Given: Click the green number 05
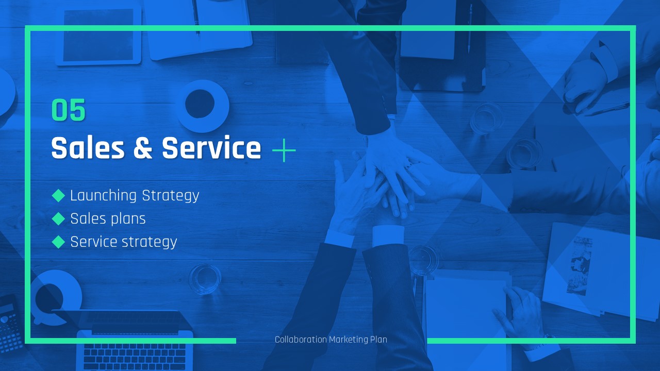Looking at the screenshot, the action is [69, 110].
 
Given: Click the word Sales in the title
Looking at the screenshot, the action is [88, 148].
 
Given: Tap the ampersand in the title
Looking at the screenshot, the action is [143, 148].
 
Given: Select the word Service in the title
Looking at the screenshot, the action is [211, 148].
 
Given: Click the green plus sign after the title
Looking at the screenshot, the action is [284, 150].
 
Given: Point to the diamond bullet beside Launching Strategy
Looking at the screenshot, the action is [58, 195].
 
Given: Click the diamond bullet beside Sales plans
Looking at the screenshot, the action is [58, 219].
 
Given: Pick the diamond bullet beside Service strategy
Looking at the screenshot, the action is [58, 242].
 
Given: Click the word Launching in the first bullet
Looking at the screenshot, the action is [104, 196].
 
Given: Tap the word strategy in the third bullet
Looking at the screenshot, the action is [150, 243].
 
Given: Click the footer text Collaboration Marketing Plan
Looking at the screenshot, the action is [331, 340].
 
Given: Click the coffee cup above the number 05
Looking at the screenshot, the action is [202, 106].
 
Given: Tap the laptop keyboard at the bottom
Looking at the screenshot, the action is [135, 356].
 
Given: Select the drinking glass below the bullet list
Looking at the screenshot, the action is [205, 279].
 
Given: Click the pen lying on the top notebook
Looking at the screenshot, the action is [196, 18].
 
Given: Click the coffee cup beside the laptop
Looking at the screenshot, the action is [56, 297].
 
